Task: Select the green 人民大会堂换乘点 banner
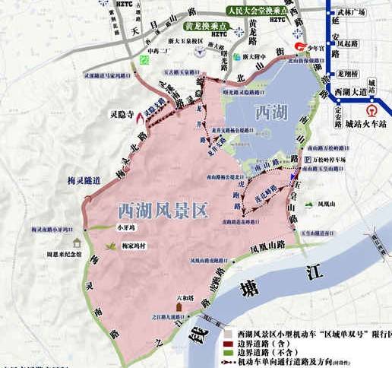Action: [257, 11]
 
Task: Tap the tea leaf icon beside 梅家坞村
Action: [113, 245]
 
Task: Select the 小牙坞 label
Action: [126, 226]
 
